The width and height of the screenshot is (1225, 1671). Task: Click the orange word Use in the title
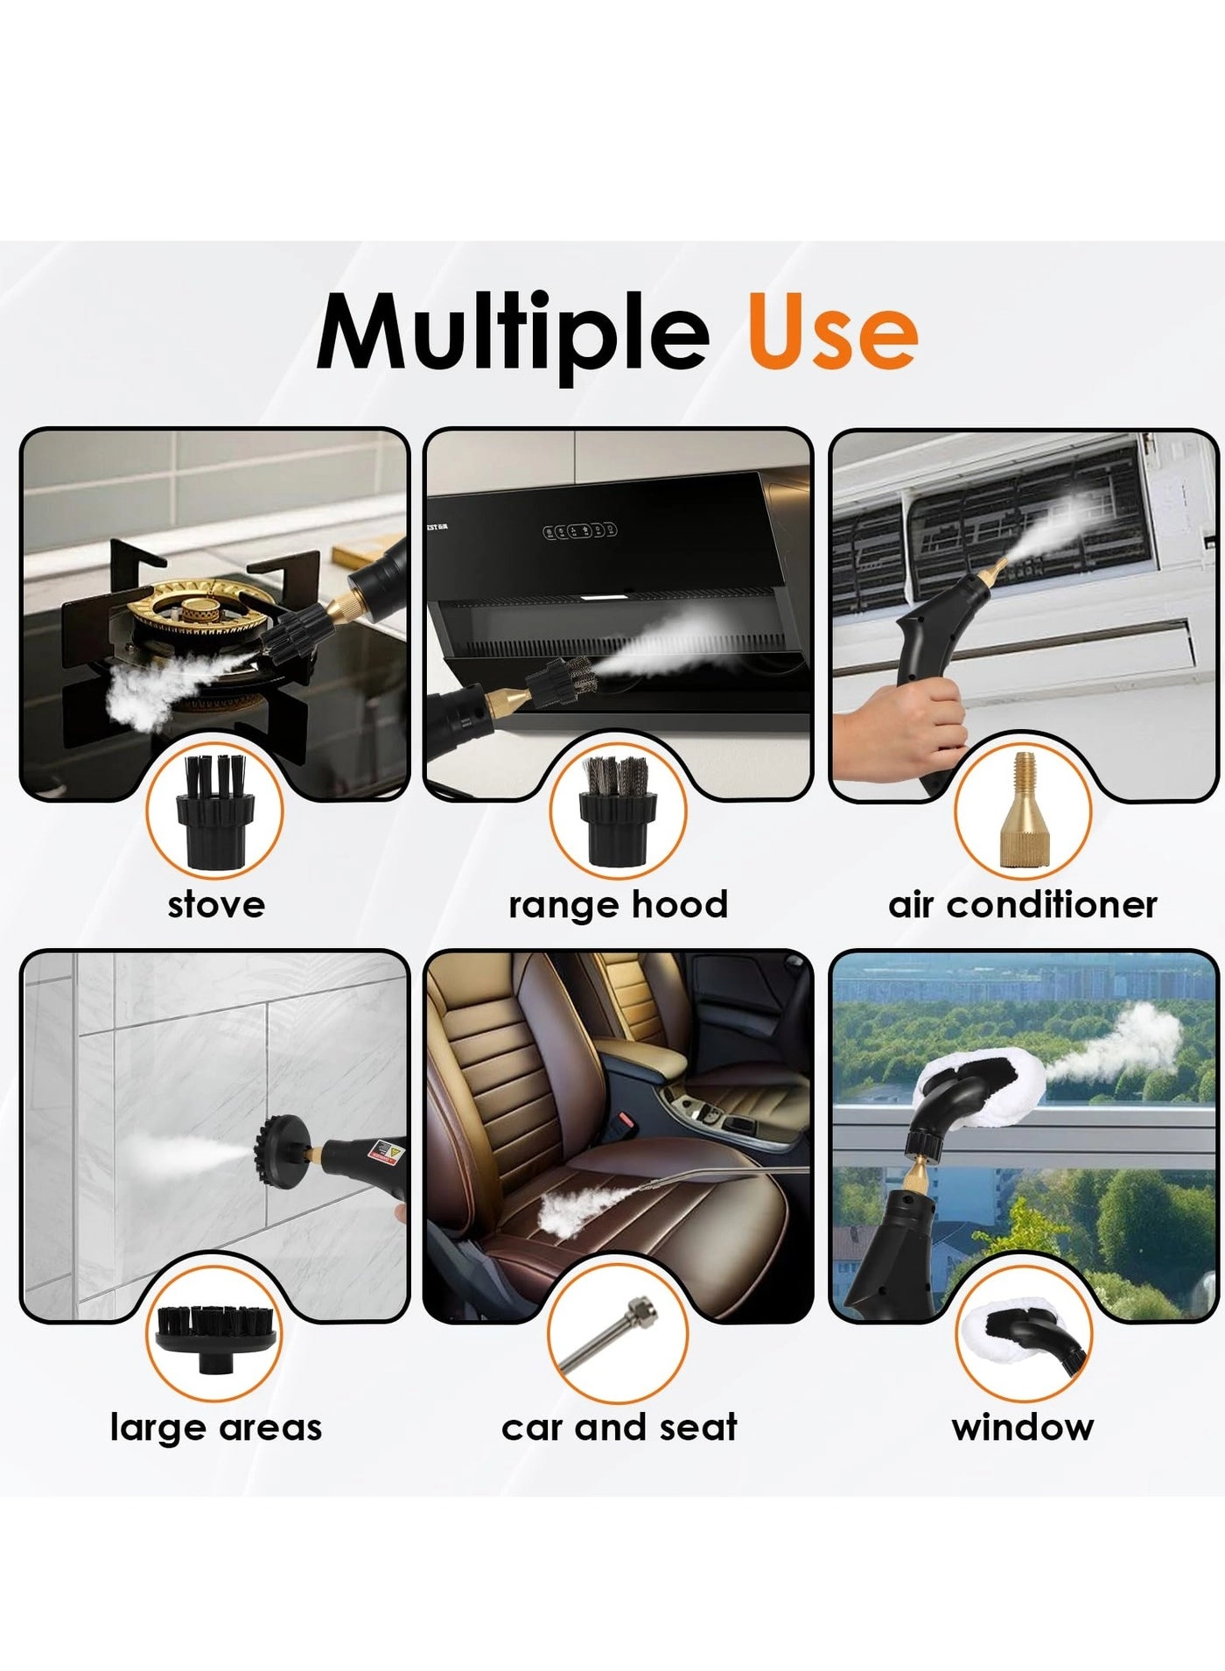(x=832, y=333)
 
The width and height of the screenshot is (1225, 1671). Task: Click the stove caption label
(x=216, y=904)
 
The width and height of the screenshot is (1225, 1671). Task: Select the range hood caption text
(x=618, y=905)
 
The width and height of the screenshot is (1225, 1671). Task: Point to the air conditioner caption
(x=1023, y=904)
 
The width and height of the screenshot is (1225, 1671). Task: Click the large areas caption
(x=216, y=1428)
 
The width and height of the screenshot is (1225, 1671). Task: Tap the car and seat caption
(x=619, y=1427)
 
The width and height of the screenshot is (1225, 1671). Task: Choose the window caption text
(x=1023, y=1427)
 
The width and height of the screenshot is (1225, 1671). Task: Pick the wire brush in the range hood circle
(x=618, y=810)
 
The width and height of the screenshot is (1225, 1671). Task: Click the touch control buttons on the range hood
(x=579, y=530)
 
